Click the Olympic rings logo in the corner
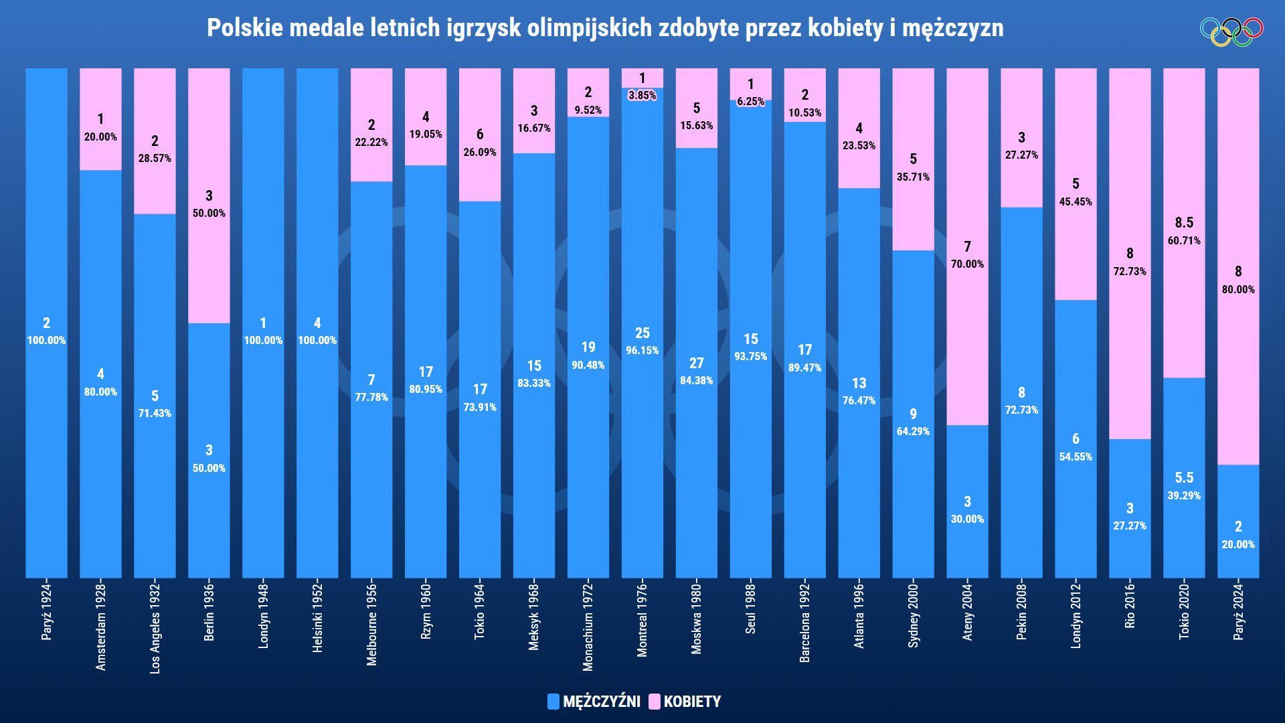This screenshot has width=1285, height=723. [x=1231, y=31]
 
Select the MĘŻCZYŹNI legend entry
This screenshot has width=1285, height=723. [x=594, y=702]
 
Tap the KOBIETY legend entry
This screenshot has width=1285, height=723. [x=684, y=702]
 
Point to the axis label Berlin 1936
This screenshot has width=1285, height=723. [x=209, y=612]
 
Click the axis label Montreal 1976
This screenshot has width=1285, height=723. [x=642, y=620]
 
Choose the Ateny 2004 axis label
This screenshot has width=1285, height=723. [x=968, y=611]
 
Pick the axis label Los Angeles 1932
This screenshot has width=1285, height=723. [x=155, y=628]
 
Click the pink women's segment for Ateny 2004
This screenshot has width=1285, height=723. [x=968, y=246]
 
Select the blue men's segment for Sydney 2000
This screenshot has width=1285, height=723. [x=914, y=414]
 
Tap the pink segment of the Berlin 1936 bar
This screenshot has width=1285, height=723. [x=209, y=195]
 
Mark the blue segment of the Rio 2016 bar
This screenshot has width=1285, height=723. [x=1130, y=509]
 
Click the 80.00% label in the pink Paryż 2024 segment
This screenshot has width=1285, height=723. [x=1238, y=289]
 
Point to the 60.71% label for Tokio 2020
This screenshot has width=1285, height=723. [x=1184, y=240]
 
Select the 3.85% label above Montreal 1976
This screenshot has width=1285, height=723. [x=642, y=95]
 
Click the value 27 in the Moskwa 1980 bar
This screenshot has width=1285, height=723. [x=697, y=363]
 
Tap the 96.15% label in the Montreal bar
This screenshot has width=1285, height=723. [x=642, y=350]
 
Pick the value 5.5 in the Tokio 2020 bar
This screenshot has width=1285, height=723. [x=1184, y=478]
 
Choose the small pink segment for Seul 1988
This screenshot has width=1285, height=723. [x=751, y=84]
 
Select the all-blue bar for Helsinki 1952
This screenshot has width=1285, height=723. [x=317, y=323]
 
